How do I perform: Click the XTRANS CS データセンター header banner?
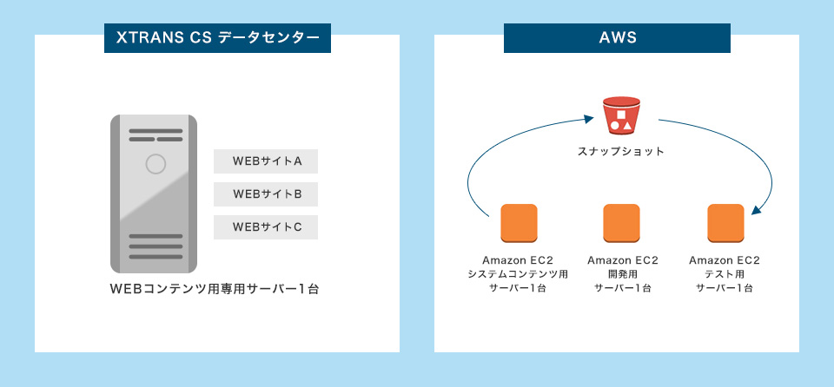click(217, 38)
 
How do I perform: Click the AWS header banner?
click(617, 38)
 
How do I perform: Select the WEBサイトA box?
click(266, 161)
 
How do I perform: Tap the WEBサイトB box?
click(266, 194)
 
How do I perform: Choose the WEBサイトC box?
click(266, 227)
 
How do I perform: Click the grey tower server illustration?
click(153, 193)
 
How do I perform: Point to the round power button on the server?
click(156, 163)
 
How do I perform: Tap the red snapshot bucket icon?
click(621, 117)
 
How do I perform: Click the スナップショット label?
click(621, 151)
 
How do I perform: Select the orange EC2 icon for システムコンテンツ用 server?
click(519, 223)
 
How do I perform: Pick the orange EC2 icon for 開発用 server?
click(621, 223)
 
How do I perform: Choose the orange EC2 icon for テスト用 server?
click(725, 223)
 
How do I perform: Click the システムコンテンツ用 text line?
click(518, 274)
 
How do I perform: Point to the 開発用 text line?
click(622, 274)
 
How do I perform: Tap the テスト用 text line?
click(725, 274)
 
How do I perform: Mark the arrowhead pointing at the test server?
click(756, 211)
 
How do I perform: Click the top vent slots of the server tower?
click(156, 135)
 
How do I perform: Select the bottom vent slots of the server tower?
click(156, 246)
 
